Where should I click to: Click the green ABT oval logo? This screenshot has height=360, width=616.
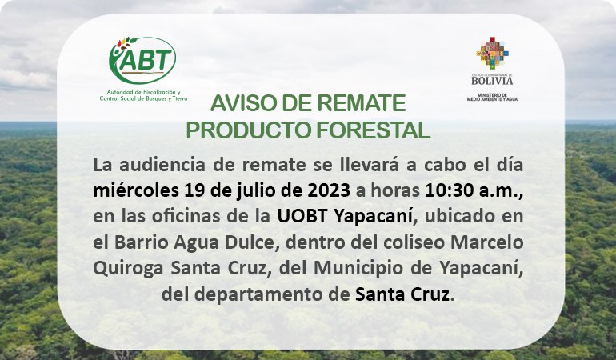coord(142,60)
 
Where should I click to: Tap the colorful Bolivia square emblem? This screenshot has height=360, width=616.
coord(492,53)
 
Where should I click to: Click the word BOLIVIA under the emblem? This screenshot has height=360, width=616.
coord(492,81)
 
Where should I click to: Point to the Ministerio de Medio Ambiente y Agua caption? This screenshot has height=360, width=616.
coord(492,97)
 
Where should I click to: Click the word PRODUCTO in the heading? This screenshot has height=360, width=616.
coord(246,130)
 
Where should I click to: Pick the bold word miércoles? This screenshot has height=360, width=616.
coord(136,190)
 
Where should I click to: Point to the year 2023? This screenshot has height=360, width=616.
coord(329,191)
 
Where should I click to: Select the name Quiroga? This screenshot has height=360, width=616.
coord(128,269)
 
